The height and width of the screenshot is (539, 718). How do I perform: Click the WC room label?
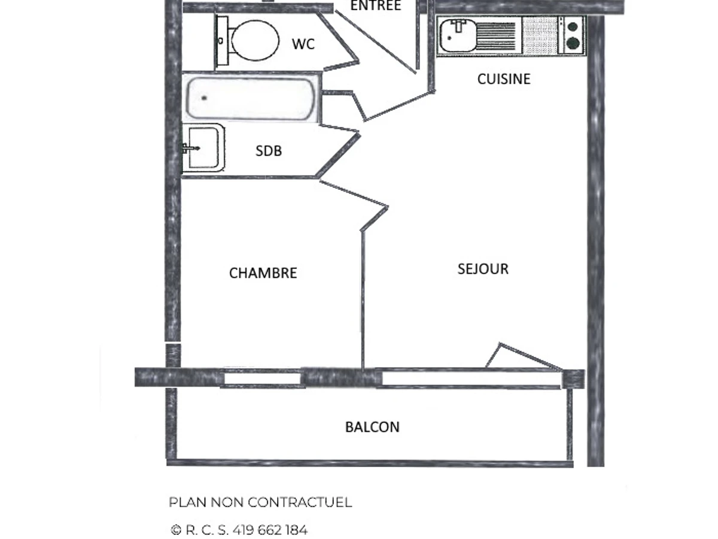pos(303,44)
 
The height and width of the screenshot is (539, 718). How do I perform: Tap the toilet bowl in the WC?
pos(255,40)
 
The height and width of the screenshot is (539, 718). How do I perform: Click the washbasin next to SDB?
pos(202,148)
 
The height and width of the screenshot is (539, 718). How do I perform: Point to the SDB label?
pos(268,151)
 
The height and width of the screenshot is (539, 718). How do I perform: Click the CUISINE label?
pos(503,79)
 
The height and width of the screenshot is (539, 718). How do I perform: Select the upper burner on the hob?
pos(573,26)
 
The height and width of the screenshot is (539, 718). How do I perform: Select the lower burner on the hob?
pos(573,43)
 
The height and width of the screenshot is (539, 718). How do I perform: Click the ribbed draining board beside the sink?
pos(496,36)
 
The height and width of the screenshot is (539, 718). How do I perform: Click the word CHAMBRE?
pos(263,273)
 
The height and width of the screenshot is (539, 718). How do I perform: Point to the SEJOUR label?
pos(483,269)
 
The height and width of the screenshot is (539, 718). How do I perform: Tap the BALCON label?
pos(372,427)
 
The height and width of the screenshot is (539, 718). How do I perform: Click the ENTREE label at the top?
pos(375,6)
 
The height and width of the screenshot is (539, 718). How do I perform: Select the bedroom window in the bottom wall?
pos(261,378)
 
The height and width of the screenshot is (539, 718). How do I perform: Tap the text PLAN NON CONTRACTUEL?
pos(260,502)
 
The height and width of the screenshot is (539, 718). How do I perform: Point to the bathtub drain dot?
pos(204,98)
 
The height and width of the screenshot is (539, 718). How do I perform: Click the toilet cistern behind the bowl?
pos(222,40)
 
